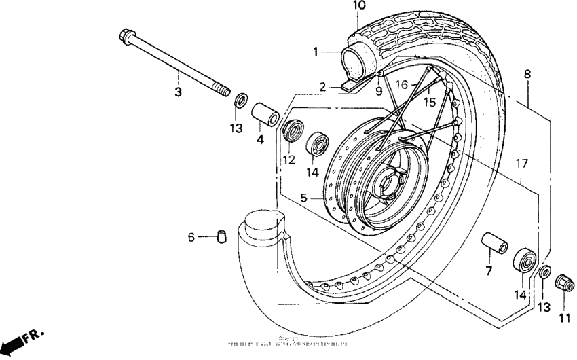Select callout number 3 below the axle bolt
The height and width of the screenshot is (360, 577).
click(178, 92)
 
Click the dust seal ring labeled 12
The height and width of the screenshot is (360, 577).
click(291, 131)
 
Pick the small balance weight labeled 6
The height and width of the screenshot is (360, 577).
click(222, 236)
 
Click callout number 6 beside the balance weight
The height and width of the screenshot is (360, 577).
click(191, 237)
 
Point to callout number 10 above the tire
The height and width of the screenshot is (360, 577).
click(359, 6)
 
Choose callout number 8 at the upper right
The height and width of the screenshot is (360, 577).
click(527, 74)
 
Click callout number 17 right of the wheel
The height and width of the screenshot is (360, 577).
click(521, 163)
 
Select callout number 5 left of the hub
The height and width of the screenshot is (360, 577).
click(303, 198)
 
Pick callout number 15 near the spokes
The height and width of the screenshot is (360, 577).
click(429, 102)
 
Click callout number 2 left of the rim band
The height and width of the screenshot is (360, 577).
click(324, 87)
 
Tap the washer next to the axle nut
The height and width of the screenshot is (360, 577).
click(545, 273)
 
